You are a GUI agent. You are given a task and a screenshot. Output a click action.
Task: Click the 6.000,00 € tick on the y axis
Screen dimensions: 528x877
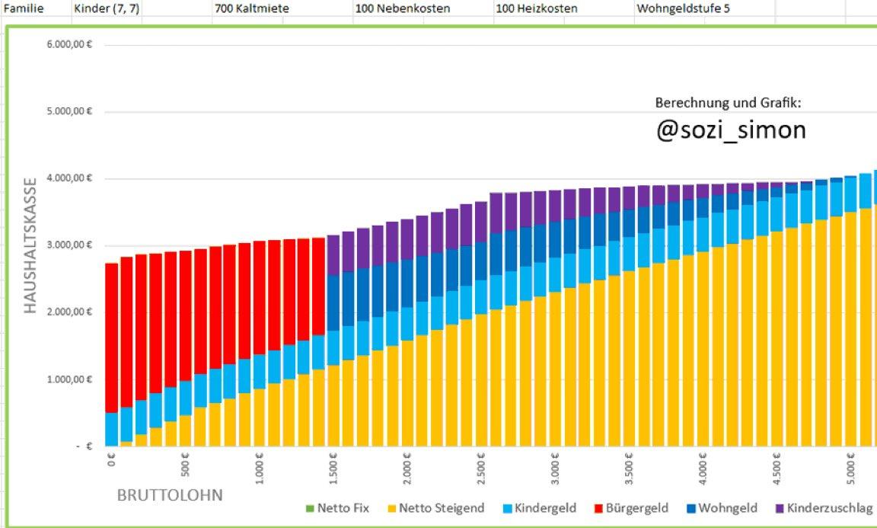(69, 45)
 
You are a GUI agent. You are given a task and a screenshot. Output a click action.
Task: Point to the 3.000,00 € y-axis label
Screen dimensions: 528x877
(69, 245)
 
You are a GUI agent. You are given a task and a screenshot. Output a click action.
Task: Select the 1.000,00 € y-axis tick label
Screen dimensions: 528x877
(69, 379)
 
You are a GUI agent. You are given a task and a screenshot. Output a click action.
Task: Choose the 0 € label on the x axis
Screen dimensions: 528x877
(112, 461)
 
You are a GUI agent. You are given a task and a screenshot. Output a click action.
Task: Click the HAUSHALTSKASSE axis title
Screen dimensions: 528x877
(30, 245)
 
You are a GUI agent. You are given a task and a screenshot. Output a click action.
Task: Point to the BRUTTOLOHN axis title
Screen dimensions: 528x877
(170, 496)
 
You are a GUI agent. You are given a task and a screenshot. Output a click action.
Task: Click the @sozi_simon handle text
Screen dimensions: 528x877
(730, 130)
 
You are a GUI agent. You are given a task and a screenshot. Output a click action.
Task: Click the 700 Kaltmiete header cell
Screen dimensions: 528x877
(246, 8)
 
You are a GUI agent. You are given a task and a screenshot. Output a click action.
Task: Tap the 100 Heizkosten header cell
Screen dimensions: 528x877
(536, 8)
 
